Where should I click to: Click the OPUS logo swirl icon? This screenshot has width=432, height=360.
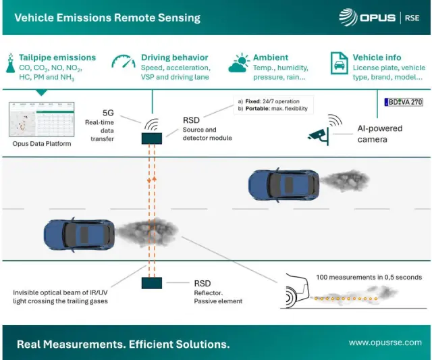tap(348, 17)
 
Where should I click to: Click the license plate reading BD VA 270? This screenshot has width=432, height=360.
tap(403, 102)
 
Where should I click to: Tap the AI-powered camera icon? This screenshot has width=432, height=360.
tap(317, 134)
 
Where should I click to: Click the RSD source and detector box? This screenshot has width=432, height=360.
tap(152, 138)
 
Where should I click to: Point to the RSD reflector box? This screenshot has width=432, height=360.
tap(152, 283)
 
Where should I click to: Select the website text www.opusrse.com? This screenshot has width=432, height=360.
tap(385, 343)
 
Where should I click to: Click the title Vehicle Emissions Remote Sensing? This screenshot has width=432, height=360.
tap(107, 18)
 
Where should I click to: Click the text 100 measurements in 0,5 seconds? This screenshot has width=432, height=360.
tap(369, 277)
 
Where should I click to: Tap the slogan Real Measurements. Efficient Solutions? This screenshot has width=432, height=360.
tap(123, 344)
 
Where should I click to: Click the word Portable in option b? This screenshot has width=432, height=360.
tap(259, 109)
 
